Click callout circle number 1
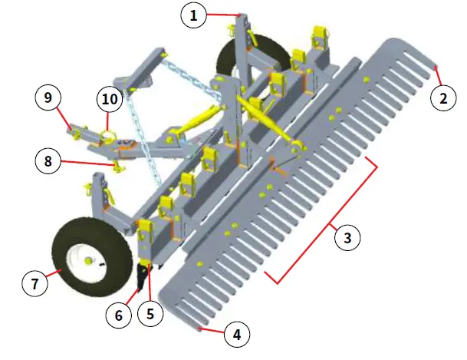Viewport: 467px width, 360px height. point(194,15)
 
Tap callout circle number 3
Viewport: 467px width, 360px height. point(347,238)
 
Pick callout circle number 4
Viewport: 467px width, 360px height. point(237,335)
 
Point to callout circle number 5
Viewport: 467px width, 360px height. point(150,314)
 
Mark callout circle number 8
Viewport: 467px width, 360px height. point(48,162)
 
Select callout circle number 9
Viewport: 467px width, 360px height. point(48,98)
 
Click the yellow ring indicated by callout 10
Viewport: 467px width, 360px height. point(107,137)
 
